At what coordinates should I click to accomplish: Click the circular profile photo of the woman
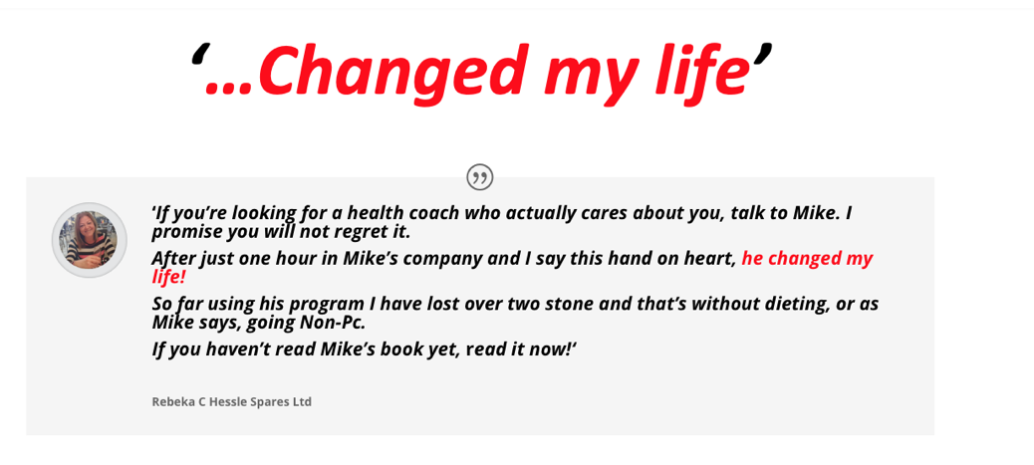[89, 239]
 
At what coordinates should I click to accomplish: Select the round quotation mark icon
[479, 177]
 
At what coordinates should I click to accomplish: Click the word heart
[709, 259]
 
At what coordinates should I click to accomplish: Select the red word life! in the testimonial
[169, 277]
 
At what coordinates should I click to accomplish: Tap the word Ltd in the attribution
[302, 401]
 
